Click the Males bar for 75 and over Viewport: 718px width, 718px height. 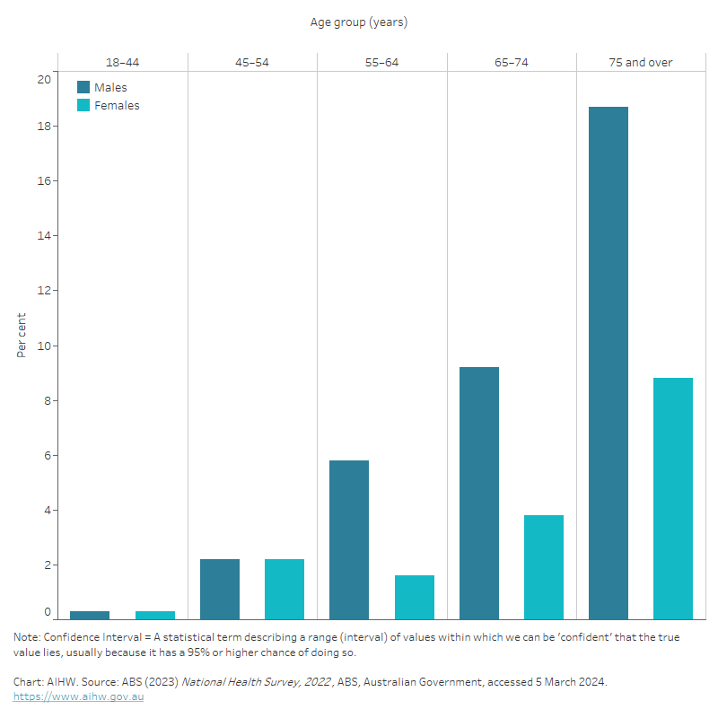(x=609, y=363)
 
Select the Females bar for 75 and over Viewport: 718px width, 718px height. (x=673, y=498)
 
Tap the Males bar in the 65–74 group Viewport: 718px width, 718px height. (x=479, y=493)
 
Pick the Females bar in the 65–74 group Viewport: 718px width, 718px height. (x=544, y=566)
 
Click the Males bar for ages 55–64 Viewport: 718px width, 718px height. (x=349, y=539)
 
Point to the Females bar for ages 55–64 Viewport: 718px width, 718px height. (x=415, y=597)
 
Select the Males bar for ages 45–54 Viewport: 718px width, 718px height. (x=220, y=589)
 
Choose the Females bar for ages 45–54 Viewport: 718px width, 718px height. (x=285, y=589)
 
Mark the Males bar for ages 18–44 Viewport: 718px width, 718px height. (x=90, y=615)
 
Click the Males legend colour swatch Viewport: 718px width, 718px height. (x=83, y=87)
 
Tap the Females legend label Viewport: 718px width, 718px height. (x=117, y=105)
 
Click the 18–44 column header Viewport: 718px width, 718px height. (x=122, y=63)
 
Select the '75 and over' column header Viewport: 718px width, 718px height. (x=641, y=63)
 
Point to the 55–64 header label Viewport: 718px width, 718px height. (x=381, y=63)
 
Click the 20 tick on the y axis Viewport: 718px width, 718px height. (x=44, y=79)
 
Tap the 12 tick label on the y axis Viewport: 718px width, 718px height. (x=44, y=291)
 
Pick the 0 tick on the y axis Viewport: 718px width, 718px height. (x=48, y=612)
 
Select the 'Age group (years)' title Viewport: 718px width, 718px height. (x=359, y=22)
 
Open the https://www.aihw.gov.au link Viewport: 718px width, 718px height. (x=78, y=696)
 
